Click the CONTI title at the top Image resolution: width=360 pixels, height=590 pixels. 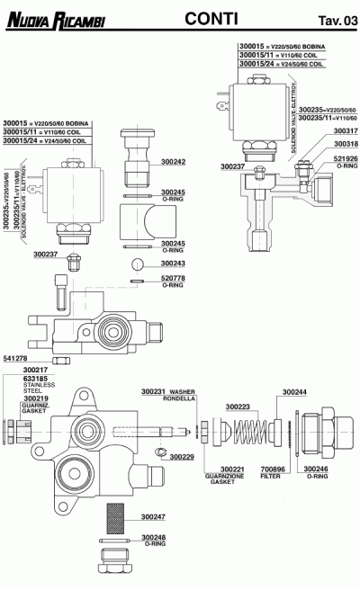click(210, 17)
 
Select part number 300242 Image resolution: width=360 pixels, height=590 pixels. click(173, 162)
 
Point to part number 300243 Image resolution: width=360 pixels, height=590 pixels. click(173, 264)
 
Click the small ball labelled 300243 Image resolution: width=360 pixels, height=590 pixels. click(137, 264)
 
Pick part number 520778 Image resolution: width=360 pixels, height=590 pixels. click(173, 279)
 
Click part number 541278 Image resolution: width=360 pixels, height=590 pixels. click(15, 358)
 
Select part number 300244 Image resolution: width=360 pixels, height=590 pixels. click(294, 392)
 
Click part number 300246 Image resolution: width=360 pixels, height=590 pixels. click(315, 469)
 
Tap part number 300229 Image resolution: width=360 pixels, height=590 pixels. click(182, 457)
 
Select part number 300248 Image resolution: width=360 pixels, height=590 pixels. click(154, 538)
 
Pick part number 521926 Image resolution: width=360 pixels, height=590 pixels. click(346, 159)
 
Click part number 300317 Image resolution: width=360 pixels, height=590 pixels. click(346, 130)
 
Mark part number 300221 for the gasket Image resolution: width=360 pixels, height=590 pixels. click(233, 469)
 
